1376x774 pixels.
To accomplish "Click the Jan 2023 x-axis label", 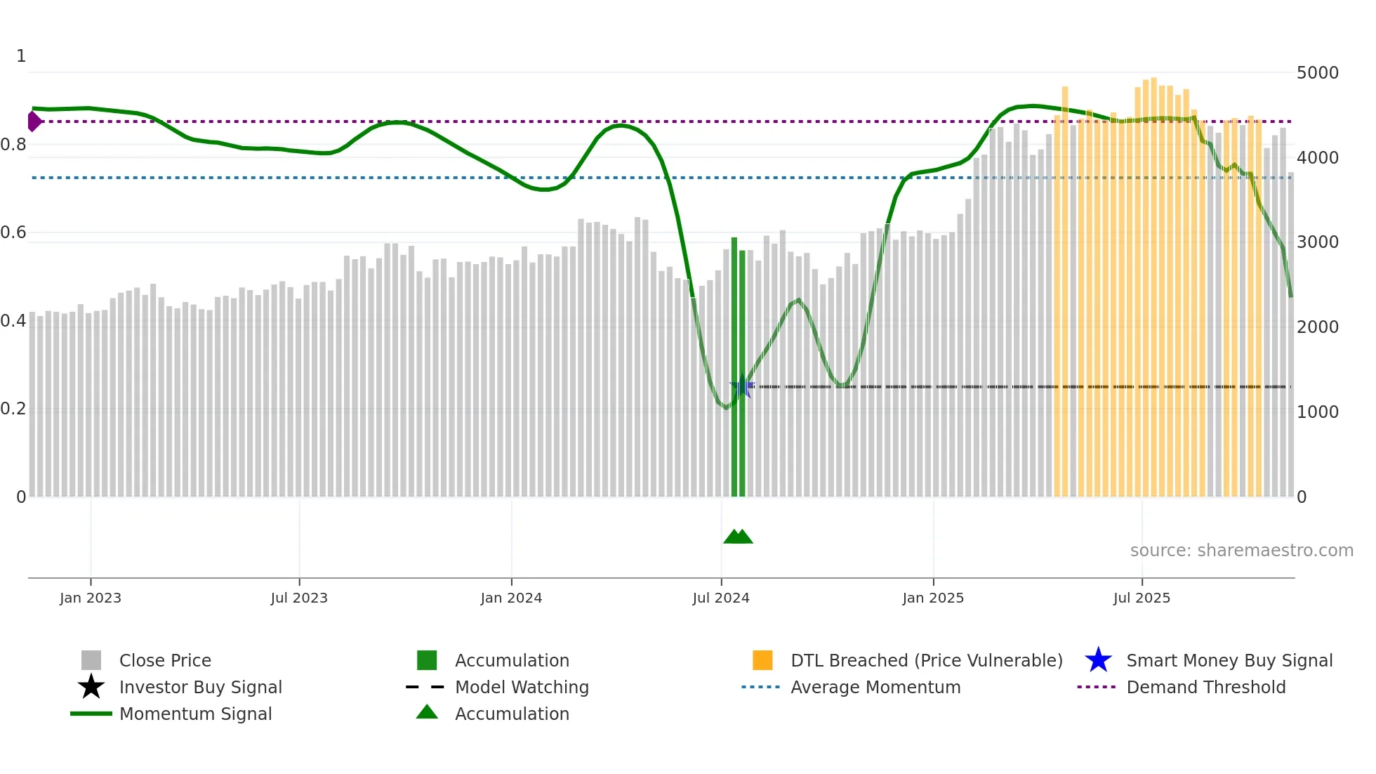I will (91, 598).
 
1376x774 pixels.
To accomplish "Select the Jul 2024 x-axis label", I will (721, 598).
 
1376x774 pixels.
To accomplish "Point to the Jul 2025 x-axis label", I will (1142, 598).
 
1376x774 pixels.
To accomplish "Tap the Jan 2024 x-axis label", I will (511, 598).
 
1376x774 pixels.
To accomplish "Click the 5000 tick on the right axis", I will (1318, 73).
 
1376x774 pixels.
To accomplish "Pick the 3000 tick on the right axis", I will (1318, 242).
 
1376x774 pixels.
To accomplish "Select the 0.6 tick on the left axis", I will (13, 232).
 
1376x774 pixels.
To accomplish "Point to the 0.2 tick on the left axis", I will (13, 409).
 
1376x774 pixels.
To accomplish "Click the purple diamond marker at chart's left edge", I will (34, 122).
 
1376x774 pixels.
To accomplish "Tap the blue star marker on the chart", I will (742, 386).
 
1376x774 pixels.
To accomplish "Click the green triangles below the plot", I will (738, 537).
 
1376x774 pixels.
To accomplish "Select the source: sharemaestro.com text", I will (1241, 551).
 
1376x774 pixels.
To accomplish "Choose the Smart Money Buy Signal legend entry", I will (1229, 660).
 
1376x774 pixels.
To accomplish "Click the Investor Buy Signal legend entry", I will (200, 687).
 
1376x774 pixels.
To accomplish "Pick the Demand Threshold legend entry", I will (1205, 687).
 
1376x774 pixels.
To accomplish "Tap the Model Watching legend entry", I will (522, 687).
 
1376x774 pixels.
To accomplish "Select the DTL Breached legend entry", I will (926, 660).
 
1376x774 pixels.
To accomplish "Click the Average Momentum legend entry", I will (875, 687).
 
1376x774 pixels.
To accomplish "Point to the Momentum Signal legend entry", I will (195, 714).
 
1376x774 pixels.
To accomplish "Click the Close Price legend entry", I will (165, 660).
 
